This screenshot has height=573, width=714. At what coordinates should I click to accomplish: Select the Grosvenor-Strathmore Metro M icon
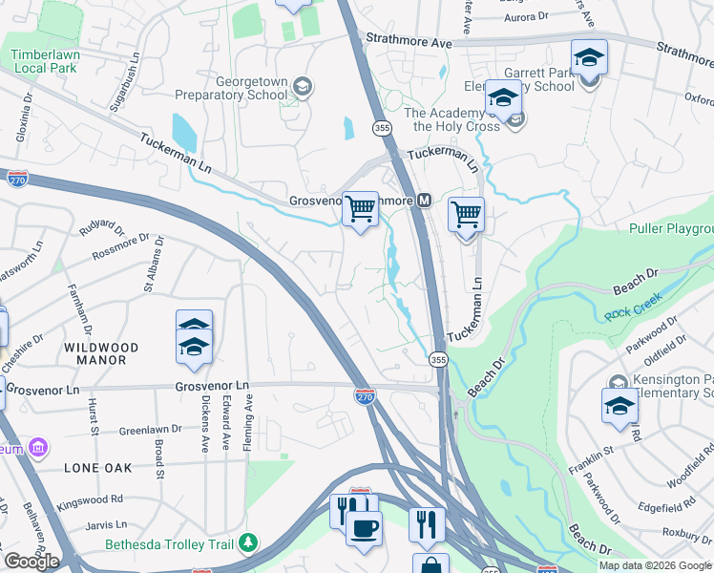(x=424, y=202)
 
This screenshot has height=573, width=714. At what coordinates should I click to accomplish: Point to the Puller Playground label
(x=671, y=229)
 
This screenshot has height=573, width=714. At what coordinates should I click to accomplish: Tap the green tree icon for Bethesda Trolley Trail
(x=248, y=543)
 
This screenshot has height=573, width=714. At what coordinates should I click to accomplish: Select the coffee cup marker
(x=363, y=527)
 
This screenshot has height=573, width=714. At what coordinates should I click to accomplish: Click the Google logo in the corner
(x=31, y=562)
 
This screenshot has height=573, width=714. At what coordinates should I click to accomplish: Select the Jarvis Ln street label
(x=107, y=524)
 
